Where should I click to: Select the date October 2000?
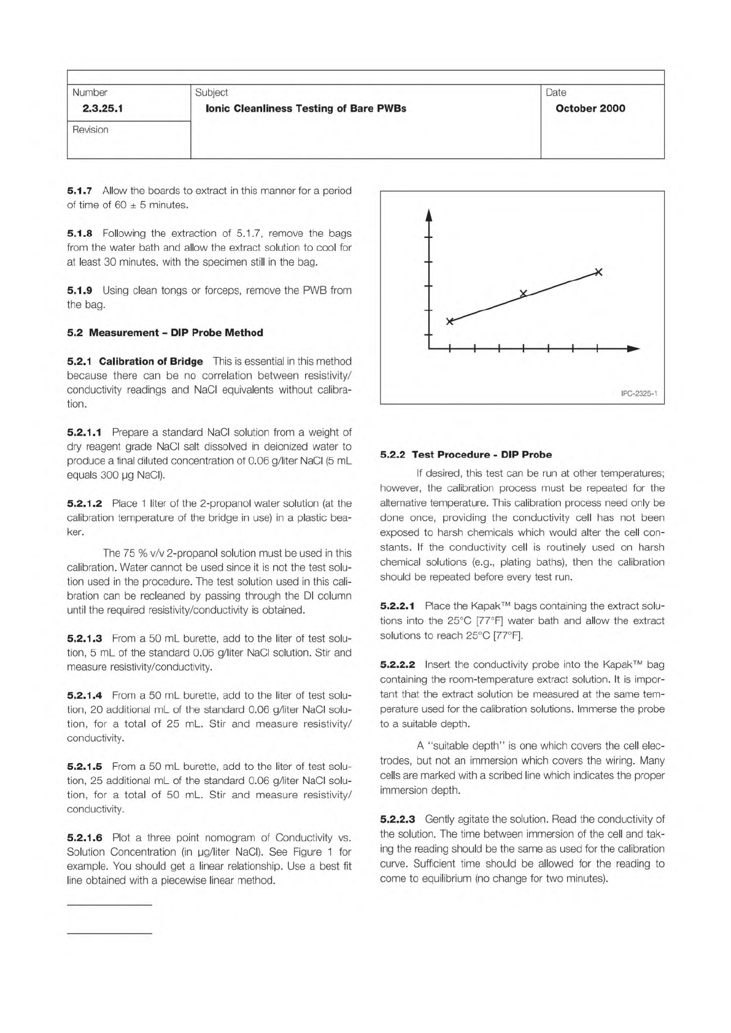(x=590, y=109)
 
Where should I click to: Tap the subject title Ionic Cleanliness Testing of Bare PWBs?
(x=306, y=109)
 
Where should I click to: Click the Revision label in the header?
(x=90, y=129)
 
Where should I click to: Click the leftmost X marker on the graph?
(x=450, y=321)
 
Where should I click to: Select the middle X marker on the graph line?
(x=524, y=294)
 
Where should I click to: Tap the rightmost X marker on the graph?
(x=599, y=272)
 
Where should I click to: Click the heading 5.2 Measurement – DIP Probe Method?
(x=165, y=332)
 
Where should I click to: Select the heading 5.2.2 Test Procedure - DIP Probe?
(x=466, y=455)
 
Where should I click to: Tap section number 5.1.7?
(x=80, y=191)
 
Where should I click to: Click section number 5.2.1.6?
(x=85, y=837)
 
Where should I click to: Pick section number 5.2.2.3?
(x=398, y=819)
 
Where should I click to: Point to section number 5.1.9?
(x=80, y=290)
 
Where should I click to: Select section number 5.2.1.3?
(x=85, y=639)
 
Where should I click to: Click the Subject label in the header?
(x=211, y=93)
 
